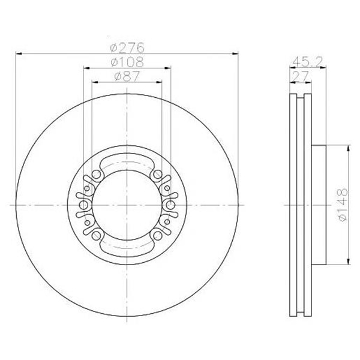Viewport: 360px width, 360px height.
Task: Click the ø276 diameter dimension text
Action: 127,47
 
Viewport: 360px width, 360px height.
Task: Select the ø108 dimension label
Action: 127,62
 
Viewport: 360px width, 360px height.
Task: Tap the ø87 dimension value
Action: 127,76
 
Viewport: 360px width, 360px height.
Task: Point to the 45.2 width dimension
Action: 308,62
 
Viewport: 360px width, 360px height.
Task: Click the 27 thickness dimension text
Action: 299,76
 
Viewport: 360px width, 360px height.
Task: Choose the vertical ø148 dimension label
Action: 343,205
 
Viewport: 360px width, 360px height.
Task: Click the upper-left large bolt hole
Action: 96,175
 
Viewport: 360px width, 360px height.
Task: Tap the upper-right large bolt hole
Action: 158,175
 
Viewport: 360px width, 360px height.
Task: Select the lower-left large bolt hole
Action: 96,235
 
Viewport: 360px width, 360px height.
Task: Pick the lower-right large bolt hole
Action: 158,235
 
